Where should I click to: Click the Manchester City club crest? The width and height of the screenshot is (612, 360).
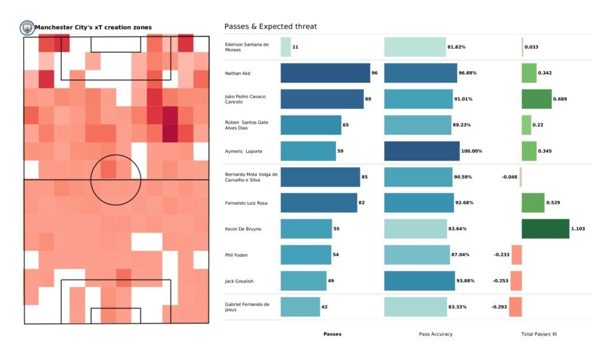pyautogui.click(x=27, y=28)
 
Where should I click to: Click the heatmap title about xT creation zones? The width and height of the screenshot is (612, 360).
pyautogui.click(x=93, y=28)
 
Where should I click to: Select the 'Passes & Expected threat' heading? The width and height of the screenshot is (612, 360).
pyautogui.click(x=270, y=27)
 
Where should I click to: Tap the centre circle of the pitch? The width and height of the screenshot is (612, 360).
pyautogui.click(x=116, y=179)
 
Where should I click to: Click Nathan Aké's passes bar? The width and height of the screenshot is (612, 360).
pyautogui.click(x=325, y=73)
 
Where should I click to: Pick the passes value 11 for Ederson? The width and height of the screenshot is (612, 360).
pyautogui.click(x=296, y=47)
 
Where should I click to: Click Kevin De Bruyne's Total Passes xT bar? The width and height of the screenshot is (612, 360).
pyautogui.click(x=545, y=228)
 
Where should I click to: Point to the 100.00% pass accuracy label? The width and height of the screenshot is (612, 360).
pyautogui.click(x=472, y=151)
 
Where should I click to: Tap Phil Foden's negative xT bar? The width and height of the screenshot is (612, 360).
pyautogui.click(x=516, y=255)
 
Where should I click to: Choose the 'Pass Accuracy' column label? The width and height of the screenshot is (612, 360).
pyautogui.click(x=436, y=334)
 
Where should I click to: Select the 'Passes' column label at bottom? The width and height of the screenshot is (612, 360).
pyautogui.click(x=332, y=334)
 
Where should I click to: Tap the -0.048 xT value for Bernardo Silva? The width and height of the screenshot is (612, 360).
pyautogui.click(x=509, y=177)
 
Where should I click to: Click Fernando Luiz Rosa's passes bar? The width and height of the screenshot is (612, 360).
pyautogui.click(x=319, y=203)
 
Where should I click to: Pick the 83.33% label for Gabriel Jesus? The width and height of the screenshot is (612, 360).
pyautogui.click(x=458, y=307)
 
